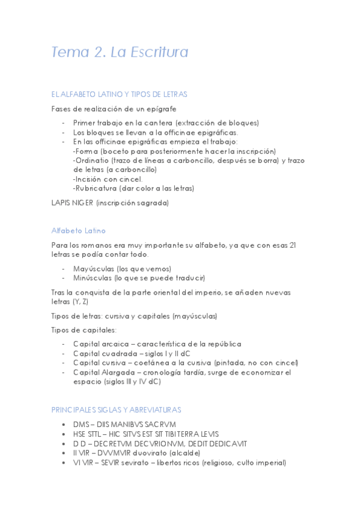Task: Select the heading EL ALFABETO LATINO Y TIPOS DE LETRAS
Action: click(x=120, y=94)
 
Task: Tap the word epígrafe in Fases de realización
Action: click(x=158, y=109)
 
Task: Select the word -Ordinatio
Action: click(x=92, y=161)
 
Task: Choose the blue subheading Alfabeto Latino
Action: click(x=79, y=230)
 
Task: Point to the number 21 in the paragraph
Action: click(x=293, y=245)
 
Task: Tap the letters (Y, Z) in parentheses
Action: click(x=80, y=301)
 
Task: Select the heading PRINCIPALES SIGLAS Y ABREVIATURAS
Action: click(x=116, y=410)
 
